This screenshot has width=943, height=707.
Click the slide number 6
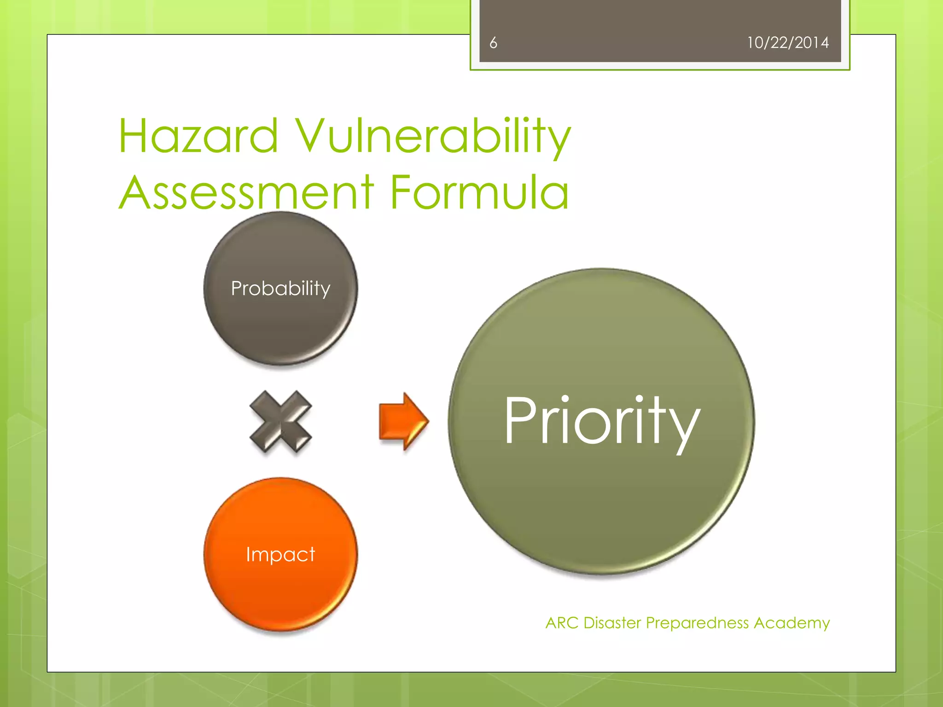pos(493,43)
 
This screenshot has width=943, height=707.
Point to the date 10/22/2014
pos(787,43)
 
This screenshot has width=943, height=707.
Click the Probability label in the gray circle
pos(280,289)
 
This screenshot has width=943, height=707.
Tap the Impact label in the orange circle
pos(280,554)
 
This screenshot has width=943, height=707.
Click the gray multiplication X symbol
pos(280,421)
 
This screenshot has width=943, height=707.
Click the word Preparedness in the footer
pos(697,623)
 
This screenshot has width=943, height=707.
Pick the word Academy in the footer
pos(792,623)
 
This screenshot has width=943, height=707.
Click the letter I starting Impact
pos(248,554)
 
